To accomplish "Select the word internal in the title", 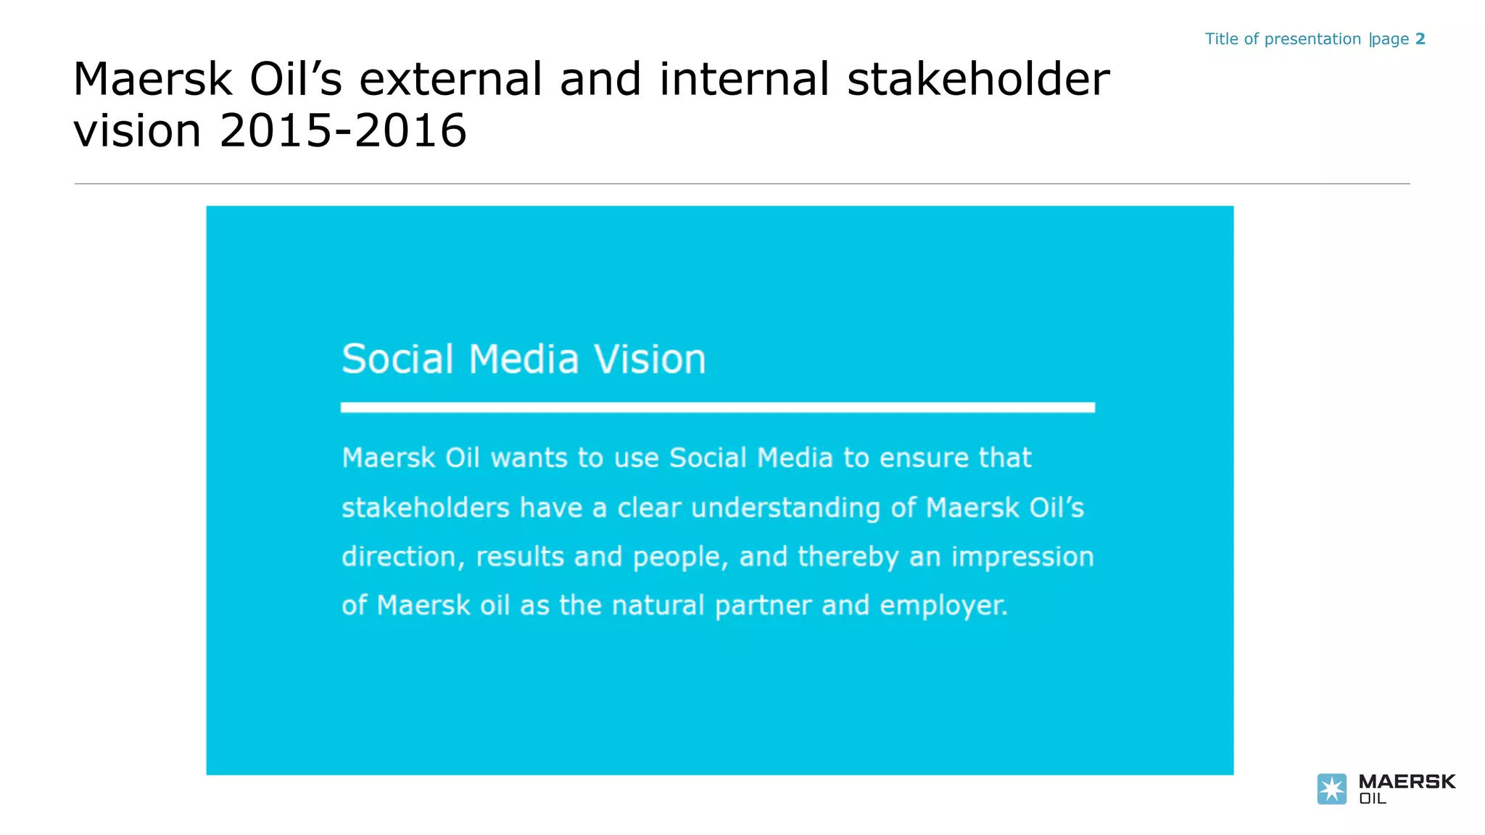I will [x=744, y=79].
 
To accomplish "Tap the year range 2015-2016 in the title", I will [x=343, y=131].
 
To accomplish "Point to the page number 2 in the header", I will [x=1420, y=39].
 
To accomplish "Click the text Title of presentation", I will [x=1283, y=39].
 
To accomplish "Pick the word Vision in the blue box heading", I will [x=650, y=360].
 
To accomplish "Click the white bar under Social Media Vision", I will [x=717, y=407].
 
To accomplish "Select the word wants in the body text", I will [x=529, y=458].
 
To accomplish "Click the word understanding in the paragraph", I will [x=785, y=508].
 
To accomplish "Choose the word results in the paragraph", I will [x=520, y=557].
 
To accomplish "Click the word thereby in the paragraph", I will [x=848, y=557].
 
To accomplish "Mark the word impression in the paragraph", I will [x=1022, y=557].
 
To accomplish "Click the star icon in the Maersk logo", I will [x=1331, y=789].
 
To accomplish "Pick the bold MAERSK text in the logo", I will [x=1407, y=781].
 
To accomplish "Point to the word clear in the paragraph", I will [x=648, y=508].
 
